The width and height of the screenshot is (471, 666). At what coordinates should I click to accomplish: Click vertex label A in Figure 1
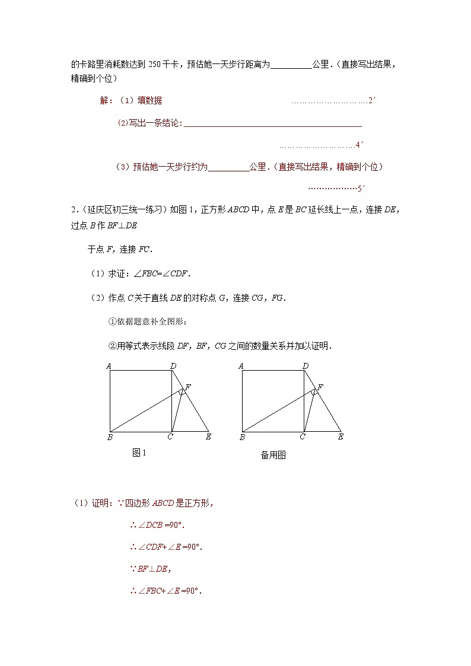[x=109, y=366]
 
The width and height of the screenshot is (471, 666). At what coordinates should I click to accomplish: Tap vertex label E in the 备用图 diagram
[x=340, y=437]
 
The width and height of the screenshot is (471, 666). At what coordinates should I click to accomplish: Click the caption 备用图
[x=273, y=455]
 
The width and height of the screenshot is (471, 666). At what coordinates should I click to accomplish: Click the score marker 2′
[x=372, y=101]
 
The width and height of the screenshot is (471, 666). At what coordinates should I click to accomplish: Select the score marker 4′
[x=359, y=145]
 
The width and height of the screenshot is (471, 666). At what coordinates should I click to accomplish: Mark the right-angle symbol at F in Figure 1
[x=182, y=392]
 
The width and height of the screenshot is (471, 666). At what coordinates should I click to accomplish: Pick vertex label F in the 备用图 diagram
[x=320, y=387]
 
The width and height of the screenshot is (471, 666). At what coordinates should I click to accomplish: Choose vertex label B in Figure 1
[x=110, y=438]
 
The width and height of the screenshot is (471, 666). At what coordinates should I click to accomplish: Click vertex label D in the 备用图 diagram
[x=305, y=366]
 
